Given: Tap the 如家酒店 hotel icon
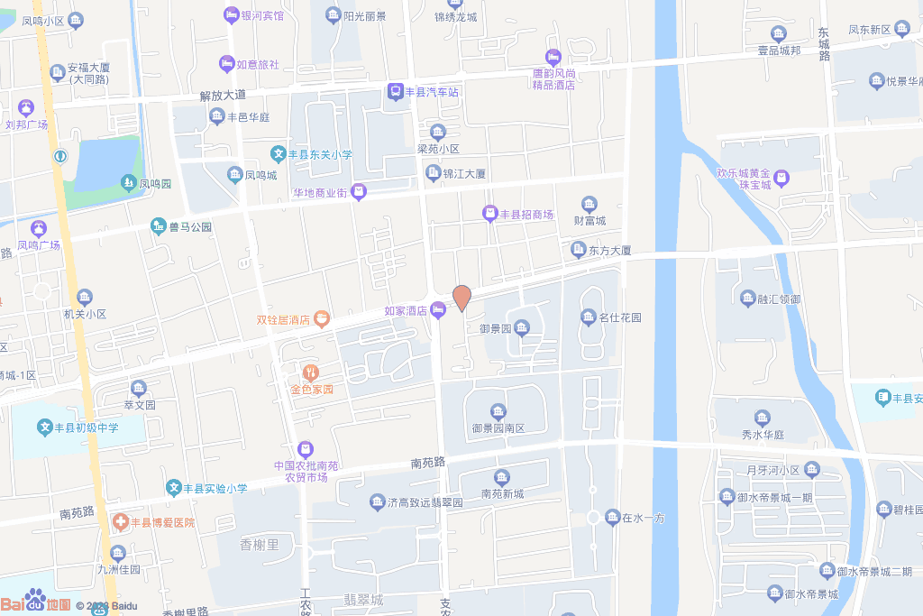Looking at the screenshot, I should tap(438, 310).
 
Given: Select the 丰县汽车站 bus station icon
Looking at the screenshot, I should tap(396, 91).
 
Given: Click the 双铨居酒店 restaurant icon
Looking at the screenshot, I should tap(322, 319).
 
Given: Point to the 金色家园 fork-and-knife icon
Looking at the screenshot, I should tap(311, 372).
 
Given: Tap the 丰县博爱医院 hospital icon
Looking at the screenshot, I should tap(120, 522).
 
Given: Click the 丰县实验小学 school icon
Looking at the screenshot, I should tap(173, 488).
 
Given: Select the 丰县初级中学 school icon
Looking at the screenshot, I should tap(45, 428).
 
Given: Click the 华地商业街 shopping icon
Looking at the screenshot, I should tap(359, 192).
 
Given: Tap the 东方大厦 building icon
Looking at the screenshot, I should tap(579, 250).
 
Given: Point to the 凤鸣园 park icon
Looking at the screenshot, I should tap(128, 183).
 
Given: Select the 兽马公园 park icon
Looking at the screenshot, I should tap(159, 226).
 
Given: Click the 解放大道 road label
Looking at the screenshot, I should tap(223, 95).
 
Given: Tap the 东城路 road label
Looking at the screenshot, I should tap(823, 43).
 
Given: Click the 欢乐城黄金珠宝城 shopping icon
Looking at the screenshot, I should tap(781, 179).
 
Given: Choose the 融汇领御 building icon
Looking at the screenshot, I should tap(747, 299).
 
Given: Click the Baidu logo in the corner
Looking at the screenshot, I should tap(35, 602).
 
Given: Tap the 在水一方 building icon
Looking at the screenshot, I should tap(612, 518).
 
